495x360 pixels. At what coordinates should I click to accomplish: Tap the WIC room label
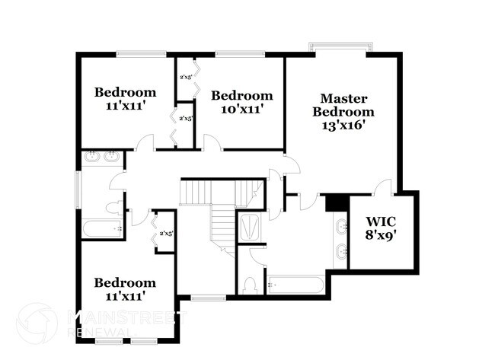(x=381, y=215)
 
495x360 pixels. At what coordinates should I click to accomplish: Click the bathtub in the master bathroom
(x=296, y=285)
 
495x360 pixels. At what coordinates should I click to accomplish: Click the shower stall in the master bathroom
(x=249, y=228)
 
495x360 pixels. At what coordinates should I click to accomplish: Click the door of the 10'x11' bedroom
(x=212, y=143)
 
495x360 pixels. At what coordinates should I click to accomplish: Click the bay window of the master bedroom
(x=340, y=47)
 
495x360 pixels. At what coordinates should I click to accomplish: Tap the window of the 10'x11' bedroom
(x=234, y=54)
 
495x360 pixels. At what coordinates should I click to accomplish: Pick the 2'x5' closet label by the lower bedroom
(x=166, y=233)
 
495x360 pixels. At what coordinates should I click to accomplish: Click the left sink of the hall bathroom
(x=92, y=158)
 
